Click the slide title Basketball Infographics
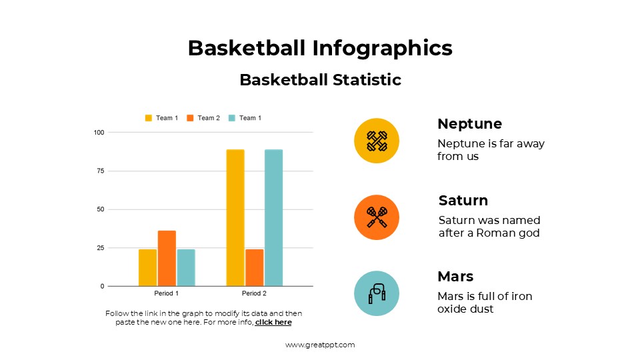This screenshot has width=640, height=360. pyautogui.click(x=320, y=48)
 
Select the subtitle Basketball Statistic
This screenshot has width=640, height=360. pyautogui.click(x=320, y=80)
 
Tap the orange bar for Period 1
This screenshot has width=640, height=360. pyautogui.click(x=167, y=258)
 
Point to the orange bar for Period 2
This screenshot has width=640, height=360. pyautogui.click(x=254, y=267)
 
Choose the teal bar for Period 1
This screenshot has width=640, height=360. pyautogui.click(x=186, y=267)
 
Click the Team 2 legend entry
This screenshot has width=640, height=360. pyautogui.click(x=203, y=118)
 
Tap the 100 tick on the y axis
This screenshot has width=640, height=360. pyautogui.click(x=99, y=133)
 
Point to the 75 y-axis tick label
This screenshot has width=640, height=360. pyautogui.click(x=101, y=171)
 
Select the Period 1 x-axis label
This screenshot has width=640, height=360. pyautogui.click(x=167, y=293)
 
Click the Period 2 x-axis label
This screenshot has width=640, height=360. pyautogui.click(x=254, y=293)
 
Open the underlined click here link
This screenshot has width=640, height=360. pyautogui.click(x=273, y=323)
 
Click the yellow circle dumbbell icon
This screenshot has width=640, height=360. pyautogui.click(x=377, y=141)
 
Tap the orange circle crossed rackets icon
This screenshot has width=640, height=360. pyautogui.click(x=377, y=217)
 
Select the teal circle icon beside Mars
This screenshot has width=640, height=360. pyautogui.click(x=377, y=293)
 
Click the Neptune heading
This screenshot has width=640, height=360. pyautogui.click(x=469, y=124)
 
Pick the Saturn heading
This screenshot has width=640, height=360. pyautogui.click(x=463, y=201)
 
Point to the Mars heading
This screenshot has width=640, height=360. pyautogui.click(x=455, y=277)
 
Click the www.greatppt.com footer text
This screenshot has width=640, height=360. pyautogui.click(x=320, y=345)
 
